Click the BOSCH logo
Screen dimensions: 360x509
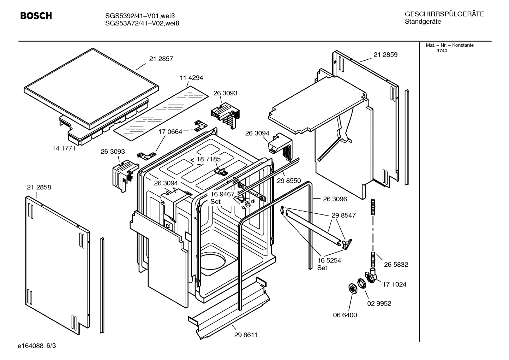click(x=36, y=16)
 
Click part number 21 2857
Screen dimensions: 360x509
click(x=161, y=59)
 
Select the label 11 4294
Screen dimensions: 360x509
click(x=191, y=78)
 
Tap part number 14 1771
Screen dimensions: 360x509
click(x=64, y=148)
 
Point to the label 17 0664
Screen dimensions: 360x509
click(x=170, y=132)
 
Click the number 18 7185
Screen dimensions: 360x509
click(x=209, y=159)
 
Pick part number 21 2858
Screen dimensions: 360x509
click(x=39, y=187)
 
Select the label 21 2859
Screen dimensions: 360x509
click(x=385, y=55)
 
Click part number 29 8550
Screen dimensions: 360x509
click(x=289, y=181)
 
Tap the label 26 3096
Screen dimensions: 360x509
click(x=335, y=199)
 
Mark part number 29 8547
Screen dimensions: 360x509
click(x=343, y=215)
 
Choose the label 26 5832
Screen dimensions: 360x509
click(x=396, y=265)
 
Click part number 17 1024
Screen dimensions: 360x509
click(x=394, y=284)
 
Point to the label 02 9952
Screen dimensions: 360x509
click(x=379, y=303)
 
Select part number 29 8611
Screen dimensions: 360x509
click(x=246, y=335)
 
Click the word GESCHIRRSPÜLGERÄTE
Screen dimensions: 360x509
click(x=444, y=14)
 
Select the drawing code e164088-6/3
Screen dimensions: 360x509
click(x=37, y=346)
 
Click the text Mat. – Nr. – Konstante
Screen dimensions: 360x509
click(x=450, y=45)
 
